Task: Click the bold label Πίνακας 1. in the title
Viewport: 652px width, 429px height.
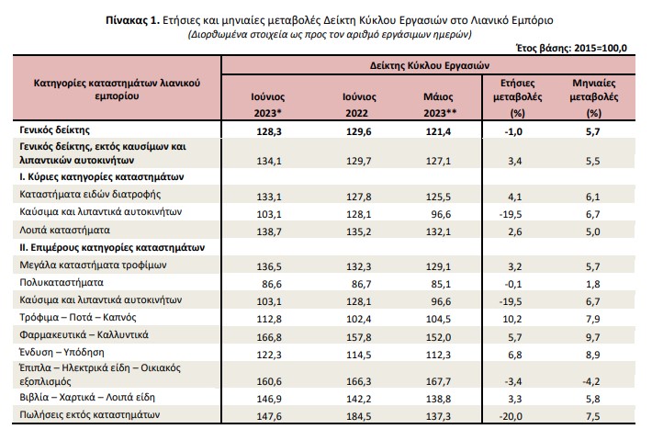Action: (132, 20)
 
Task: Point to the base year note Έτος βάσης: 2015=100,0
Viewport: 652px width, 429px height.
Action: (571, 49)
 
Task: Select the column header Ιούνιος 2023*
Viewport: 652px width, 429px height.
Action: (268, 105)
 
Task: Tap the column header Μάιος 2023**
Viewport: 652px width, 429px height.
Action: (440, 105)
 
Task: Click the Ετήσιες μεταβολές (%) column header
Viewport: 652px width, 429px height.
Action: (517, 97)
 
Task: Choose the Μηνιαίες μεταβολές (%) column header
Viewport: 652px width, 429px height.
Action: (594, 97)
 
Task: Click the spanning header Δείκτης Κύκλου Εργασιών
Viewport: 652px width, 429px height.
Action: (430, 66)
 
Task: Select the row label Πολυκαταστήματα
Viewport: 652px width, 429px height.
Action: (62, 283)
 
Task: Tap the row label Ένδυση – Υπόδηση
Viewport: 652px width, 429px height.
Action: (62, 353)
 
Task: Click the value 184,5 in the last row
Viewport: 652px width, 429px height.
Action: (358, 416)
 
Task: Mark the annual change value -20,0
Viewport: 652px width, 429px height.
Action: (511, 416)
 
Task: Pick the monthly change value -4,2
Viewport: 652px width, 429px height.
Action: (591, 381)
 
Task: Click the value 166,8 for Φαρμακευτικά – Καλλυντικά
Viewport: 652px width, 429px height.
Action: (269, 336)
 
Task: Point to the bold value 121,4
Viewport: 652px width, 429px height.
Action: (438, 132)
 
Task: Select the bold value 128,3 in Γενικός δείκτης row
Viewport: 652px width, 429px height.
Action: (269, 132)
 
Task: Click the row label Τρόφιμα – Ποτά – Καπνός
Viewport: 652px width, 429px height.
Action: (78, 318)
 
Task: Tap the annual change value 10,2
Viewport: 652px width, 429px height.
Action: (514, 319)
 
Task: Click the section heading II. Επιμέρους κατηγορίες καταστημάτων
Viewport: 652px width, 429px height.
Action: (112, 248)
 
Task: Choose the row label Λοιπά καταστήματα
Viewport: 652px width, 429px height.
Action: (65, 230)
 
